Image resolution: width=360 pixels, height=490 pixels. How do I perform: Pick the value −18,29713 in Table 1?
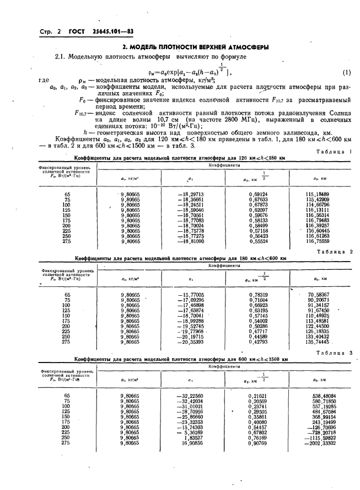point(191,194)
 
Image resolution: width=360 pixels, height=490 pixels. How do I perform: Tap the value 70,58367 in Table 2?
point(319,295)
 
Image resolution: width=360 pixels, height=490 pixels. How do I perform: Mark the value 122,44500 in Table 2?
point(318,326)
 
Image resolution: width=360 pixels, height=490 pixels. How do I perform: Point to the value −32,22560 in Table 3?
point(189,396)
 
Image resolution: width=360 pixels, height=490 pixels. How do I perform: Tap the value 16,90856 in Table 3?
point(192,443)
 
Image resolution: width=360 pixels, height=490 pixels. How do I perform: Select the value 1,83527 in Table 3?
point(193,438)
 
